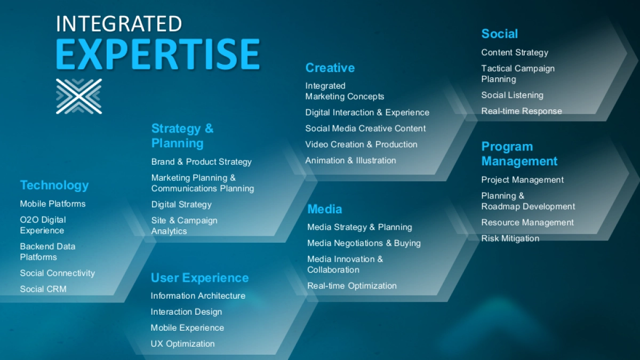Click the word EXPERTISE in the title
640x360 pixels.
[x=157, y=54]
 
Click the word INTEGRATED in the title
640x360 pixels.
[x=118, y=23]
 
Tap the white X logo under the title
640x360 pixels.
[x=79, y=96]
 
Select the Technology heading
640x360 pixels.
[x=54, y=185]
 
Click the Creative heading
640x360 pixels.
[x=330, y=68]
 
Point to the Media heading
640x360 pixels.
[x=324, y=209]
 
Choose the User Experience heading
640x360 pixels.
[x=199, y=278]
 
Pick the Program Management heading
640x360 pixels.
[x=519, y=154]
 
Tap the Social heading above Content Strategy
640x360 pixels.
[x=499, y=34]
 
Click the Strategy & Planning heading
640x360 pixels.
[x=182, y=135]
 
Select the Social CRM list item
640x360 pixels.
[x=43, y=289]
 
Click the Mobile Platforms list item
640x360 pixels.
[x=53, y=204]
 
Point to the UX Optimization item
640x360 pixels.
[x=182, y=344]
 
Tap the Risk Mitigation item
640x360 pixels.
[x=510, y=238]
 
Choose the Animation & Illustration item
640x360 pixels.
[x=350, y=161]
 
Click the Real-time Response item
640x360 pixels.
[x=522, y=111]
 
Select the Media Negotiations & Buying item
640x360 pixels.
[x=364, y=243]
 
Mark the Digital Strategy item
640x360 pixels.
[x=181, y=205]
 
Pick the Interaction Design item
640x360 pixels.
[x=186, y=312]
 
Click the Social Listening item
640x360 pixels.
[x=512, y=95]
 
